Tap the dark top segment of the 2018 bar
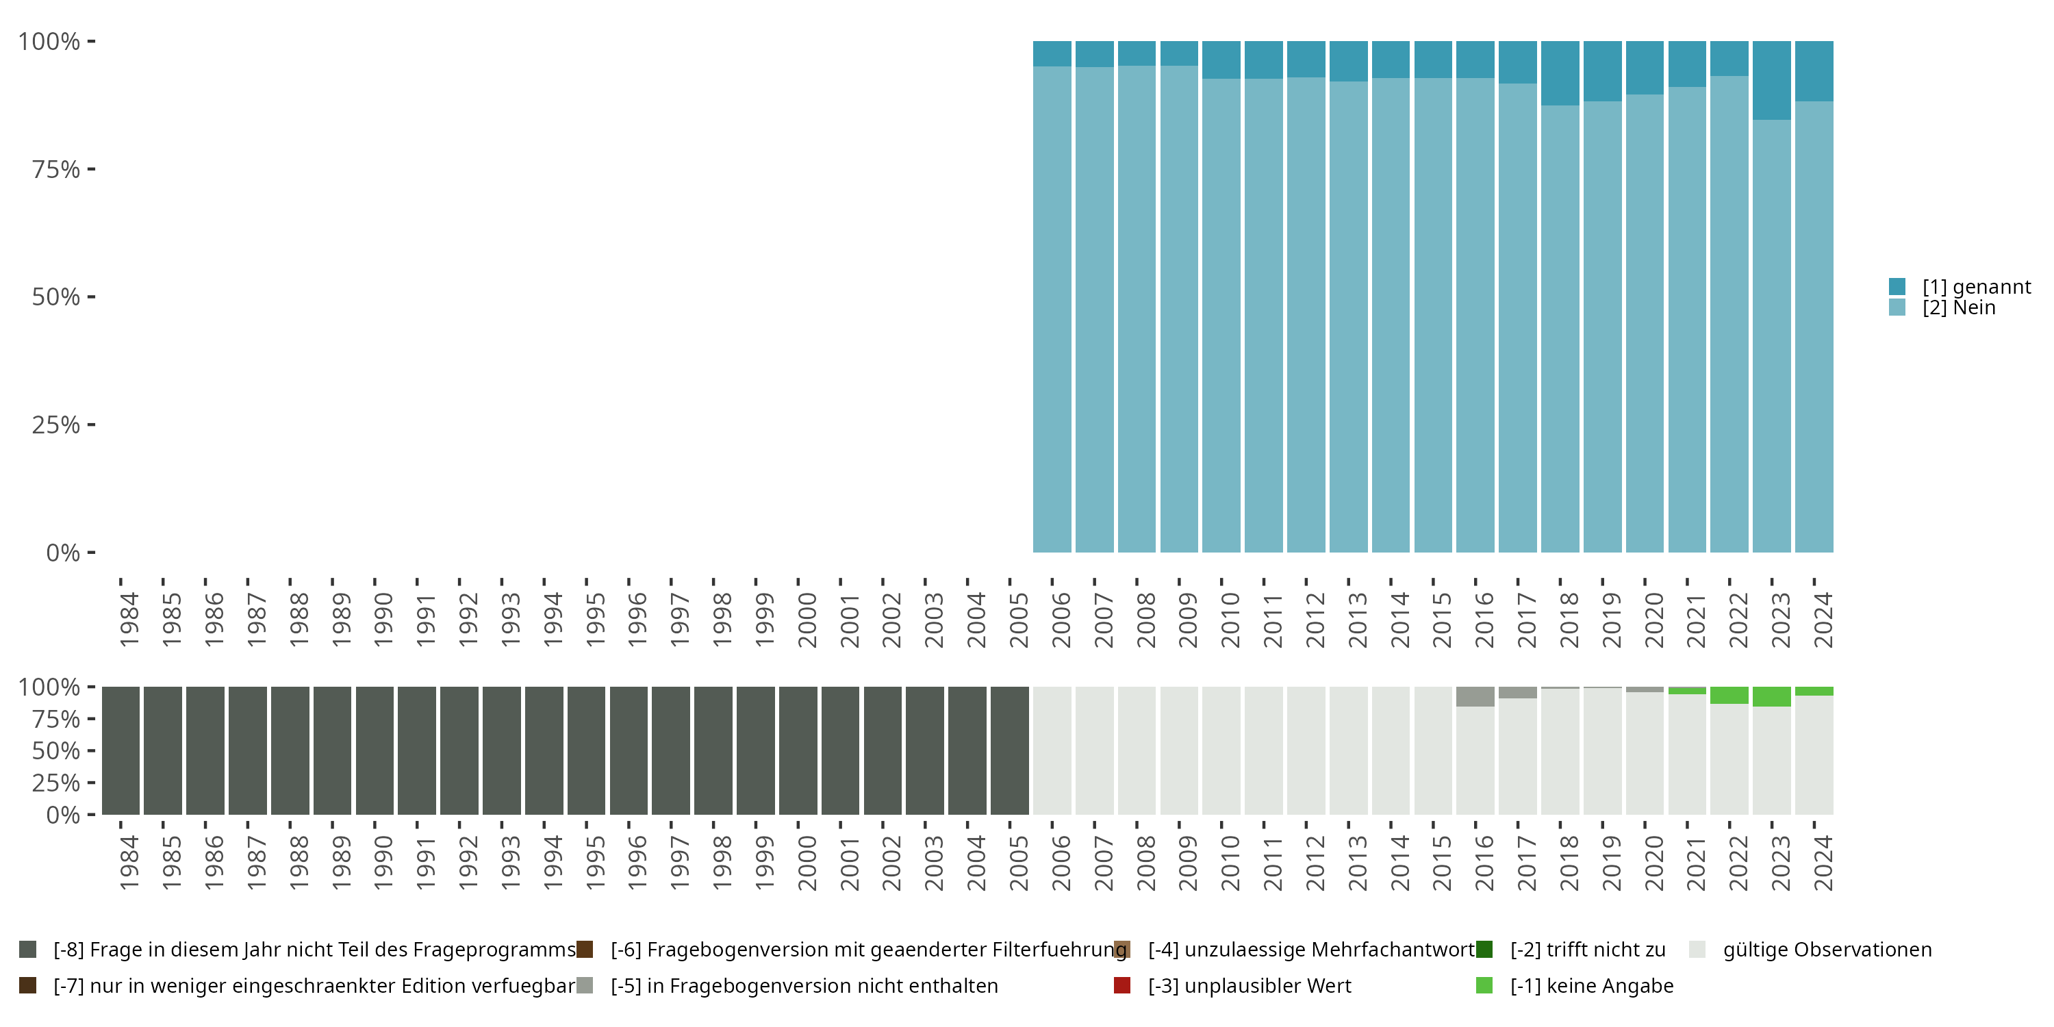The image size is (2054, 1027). [1560, 73]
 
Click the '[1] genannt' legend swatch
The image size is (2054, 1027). [1897, 286]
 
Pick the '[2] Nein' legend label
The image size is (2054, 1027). [1958, 308]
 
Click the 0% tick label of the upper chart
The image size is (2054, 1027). [63, 553]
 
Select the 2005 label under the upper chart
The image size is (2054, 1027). [1019, 620]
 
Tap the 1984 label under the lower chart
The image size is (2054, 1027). [129, 863]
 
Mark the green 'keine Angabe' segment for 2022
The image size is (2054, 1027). [1729, 696]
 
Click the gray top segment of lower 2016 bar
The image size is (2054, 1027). [1475, 696]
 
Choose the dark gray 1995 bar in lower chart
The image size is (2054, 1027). [586, 750]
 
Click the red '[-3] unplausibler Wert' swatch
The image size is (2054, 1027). [1122, 985]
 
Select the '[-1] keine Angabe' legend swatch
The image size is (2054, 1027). [1484, 985]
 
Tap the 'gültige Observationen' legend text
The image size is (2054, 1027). [1827, 950]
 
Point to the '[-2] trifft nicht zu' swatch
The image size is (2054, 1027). [1484, 950]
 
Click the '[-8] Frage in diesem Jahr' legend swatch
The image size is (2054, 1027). [28, 950]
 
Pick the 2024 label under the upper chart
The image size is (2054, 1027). [1823, 620]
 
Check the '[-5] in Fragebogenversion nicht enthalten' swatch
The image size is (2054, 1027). [585, 985]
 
